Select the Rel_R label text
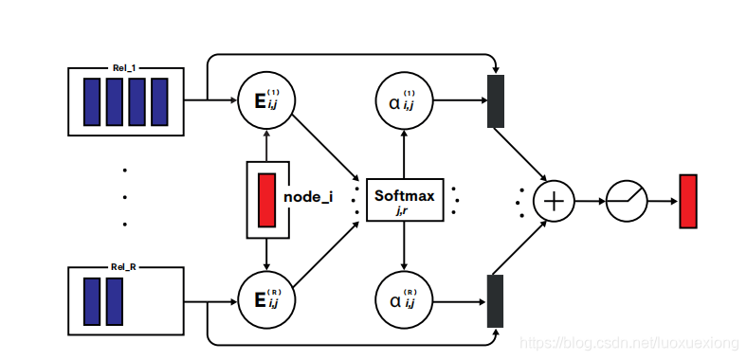pos(124,267)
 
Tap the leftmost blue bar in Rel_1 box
pos(92,101)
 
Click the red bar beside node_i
pos(267,199)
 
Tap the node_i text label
pos(308,199)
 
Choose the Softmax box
pos(405,200)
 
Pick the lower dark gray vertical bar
pos(495,301)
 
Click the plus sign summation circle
pos(554,201)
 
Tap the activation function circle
pos(627,201)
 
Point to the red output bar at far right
pos(688,201)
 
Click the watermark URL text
pos(625,338)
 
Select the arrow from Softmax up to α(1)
pos(405,152)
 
